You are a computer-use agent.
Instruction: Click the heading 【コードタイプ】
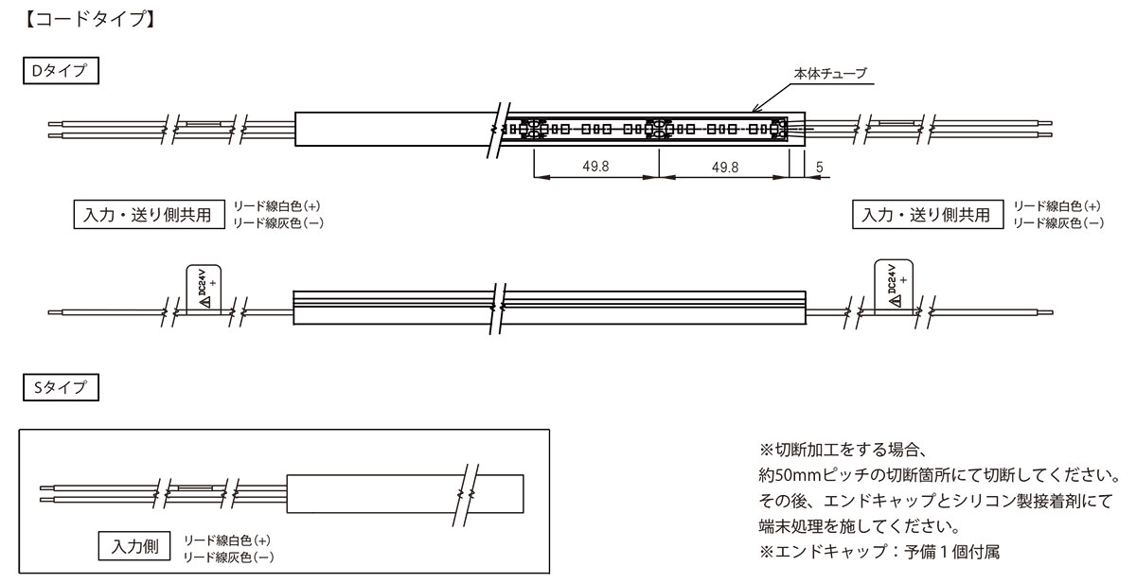tap(90, 19)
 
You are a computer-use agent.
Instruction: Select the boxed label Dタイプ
tap(61, 70)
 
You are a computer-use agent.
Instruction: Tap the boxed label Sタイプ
tap(61, 387)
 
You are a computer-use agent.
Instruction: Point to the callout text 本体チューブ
tap(830, 74)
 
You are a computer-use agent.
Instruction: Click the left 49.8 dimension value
tap(595, 167)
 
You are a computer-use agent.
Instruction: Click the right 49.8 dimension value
tap(725, 167)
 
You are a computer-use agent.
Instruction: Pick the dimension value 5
tap(819, 167)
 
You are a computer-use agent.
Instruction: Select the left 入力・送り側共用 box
tap(150, 215)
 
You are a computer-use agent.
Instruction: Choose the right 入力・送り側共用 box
tap(928, 215)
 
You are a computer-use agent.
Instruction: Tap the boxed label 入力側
tap(134, 546)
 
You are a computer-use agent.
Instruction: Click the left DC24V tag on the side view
tap(204, 288)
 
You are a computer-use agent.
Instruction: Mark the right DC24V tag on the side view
tap(894, 286)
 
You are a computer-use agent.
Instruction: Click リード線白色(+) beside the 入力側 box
tap(226, 540)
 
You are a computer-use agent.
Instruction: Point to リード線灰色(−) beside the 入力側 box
tap(228, 557)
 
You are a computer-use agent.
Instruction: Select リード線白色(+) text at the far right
tap(1056, 205)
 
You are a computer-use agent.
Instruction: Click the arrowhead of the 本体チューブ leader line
tap(754, 110)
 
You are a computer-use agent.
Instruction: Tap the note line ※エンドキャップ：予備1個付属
tap(879, 552)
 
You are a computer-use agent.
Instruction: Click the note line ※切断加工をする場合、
tap(843, 450)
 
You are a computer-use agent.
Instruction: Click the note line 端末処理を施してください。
tap(860, 526)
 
